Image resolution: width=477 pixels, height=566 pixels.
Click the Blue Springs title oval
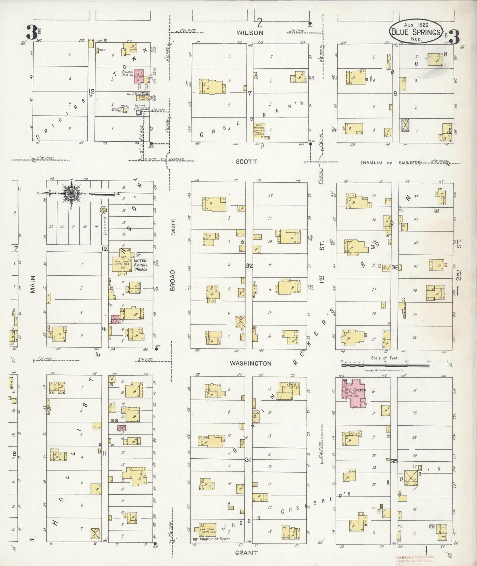415,32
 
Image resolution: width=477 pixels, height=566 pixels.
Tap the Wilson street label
250,33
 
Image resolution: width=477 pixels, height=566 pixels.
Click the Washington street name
251,363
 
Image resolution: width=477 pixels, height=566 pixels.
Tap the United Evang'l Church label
140,265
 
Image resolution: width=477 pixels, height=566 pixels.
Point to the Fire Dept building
141,98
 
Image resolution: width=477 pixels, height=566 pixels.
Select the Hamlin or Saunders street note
391,163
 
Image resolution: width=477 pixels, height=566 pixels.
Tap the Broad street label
172,280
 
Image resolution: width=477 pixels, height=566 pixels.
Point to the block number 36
395,267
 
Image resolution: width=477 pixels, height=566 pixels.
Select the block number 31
248,460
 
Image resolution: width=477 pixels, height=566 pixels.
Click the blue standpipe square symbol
138,113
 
